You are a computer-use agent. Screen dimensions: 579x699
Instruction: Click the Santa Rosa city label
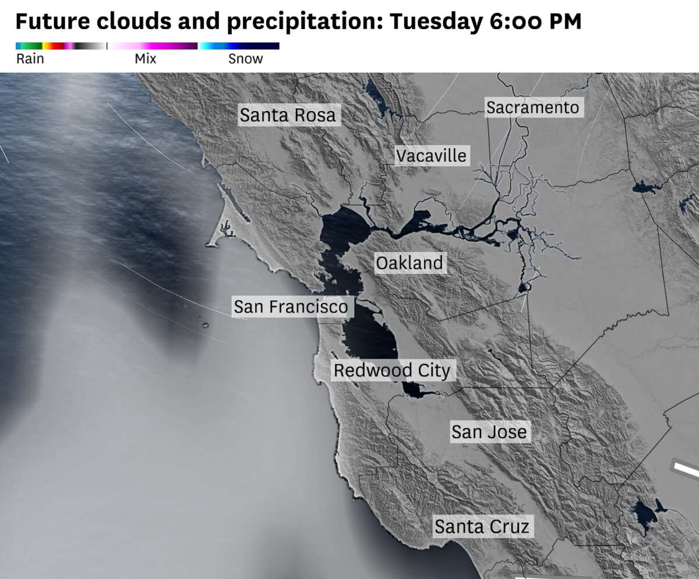(288, 115)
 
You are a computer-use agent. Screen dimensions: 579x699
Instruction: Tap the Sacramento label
(532, 108)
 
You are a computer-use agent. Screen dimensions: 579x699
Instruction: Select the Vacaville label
(431, 155)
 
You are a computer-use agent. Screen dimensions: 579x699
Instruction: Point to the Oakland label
(409, 263)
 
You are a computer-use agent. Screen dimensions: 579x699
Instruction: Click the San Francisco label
(291, 306)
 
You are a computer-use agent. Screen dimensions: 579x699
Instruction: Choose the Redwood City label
(391, 370)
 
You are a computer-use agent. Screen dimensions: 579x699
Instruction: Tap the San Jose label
(489, 432)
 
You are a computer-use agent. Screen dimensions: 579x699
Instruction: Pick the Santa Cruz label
(482, 527)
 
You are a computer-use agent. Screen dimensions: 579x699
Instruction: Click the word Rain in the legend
(30, 59)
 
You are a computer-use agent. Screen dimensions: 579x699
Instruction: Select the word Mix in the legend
(145, 59)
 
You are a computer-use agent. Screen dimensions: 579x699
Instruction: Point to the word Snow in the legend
(245, 59)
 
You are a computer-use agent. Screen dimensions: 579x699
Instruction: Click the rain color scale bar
(61, 46)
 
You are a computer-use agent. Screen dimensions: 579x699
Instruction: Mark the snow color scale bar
(239, 46)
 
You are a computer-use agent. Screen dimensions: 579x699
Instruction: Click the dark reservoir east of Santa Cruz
(644, 515)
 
